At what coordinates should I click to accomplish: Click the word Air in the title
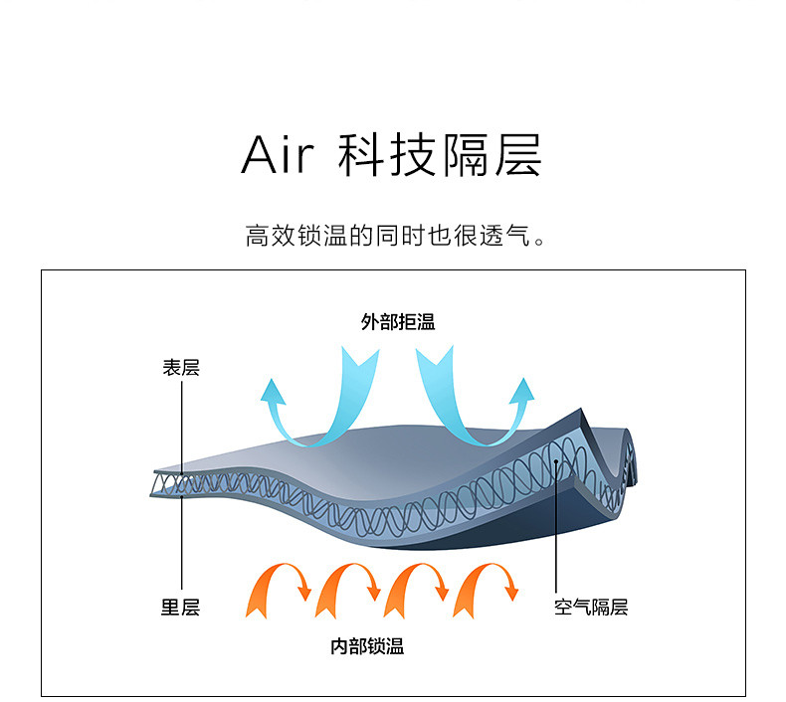[278, 155]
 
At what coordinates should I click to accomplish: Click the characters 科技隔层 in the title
[439, 155]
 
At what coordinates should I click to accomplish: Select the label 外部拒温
[397, 322]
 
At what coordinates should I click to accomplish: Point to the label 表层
[181, 367]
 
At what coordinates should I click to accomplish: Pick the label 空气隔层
[591, 607]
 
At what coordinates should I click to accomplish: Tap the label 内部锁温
[367, 646]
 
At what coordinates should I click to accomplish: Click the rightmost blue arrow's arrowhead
[521, 390]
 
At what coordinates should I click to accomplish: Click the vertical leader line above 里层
[182, 547]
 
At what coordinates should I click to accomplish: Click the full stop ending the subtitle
[540, 242]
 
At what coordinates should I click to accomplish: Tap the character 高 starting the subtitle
[257, 237]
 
